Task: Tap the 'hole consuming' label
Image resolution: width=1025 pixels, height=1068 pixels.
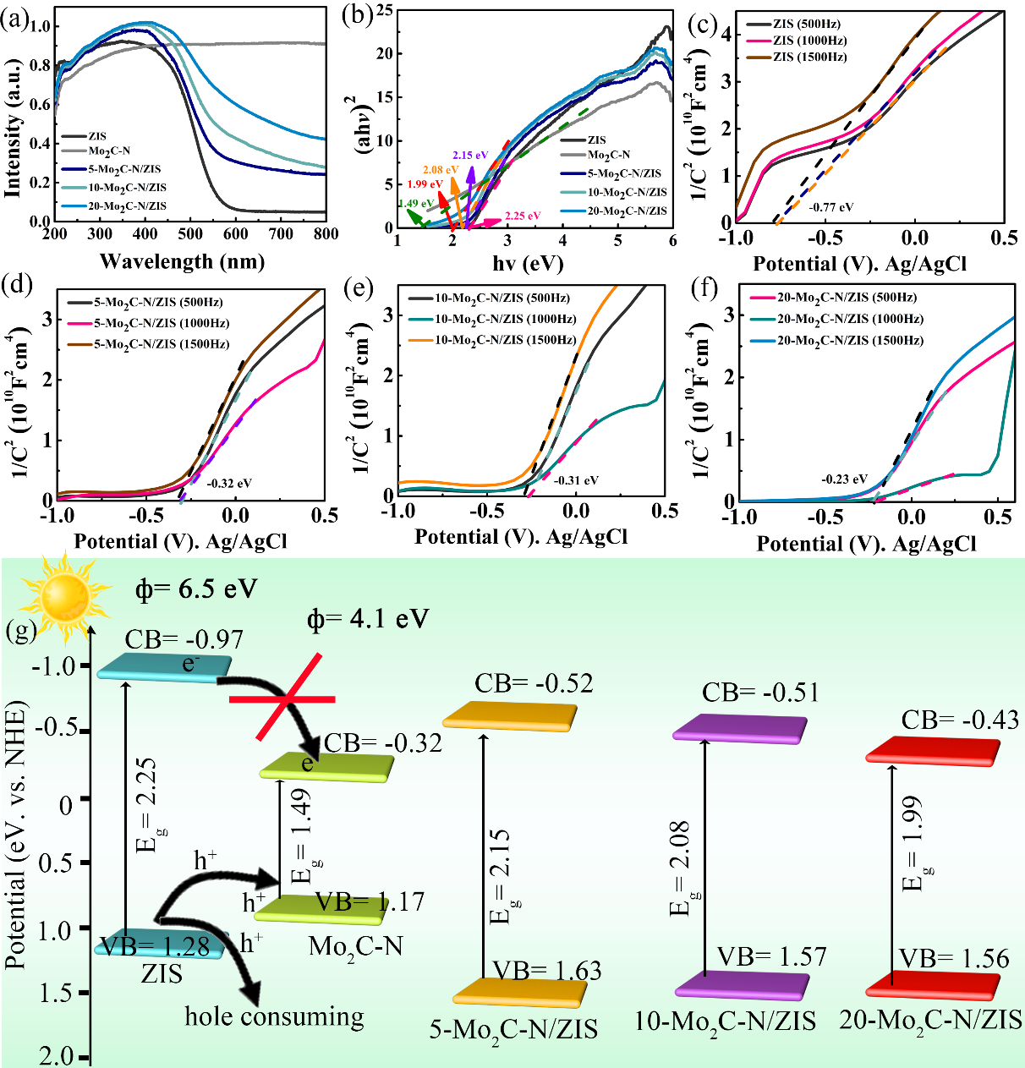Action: (274, 1016)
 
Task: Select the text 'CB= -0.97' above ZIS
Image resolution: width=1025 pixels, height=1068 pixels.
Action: (184, 640)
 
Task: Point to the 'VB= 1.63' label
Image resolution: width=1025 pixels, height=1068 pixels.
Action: (547, 971)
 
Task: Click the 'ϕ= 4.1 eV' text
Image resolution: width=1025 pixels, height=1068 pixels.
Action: (368, 620)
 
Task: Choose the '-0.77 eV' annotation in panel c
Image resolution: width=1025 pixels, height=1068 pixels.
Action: (831, 206)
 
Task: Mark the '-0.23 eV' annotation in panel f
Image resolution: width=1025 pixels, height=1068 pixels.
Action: (844, 479)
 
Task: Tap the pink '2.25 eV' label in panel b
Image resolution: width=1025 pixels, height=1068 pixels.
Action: (523, 216)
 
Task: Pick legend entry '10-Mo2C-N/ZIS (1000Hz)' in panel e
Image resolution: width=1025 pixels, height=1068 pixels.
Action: (506, 320)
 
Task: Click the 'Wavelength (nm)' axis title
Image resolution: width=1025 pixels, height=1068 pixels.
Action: (182, 261)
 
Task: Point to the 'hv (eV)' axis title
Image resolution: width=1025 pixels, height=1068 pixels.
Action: (528, 263)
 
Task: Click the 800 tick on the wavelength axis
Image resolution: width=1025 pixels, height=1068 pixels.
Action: (326, 234)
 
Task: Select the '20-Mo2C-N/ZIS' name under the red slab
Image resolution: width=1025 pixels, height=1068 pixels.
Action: (930, 1021)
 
